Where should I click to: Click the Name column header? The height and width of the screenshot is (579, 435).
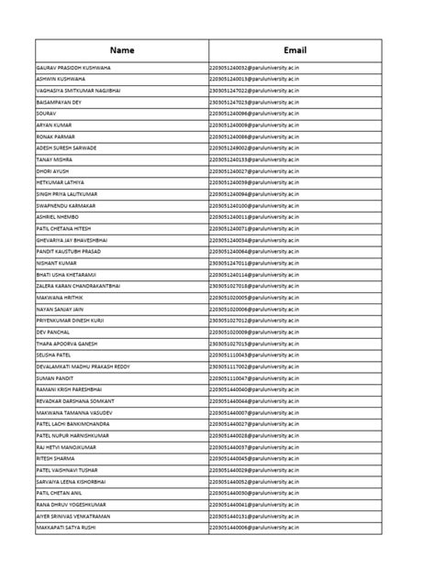[x=121, y=50]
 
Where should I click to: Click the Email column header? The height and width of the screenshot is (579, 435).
[x=294, y=50]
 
